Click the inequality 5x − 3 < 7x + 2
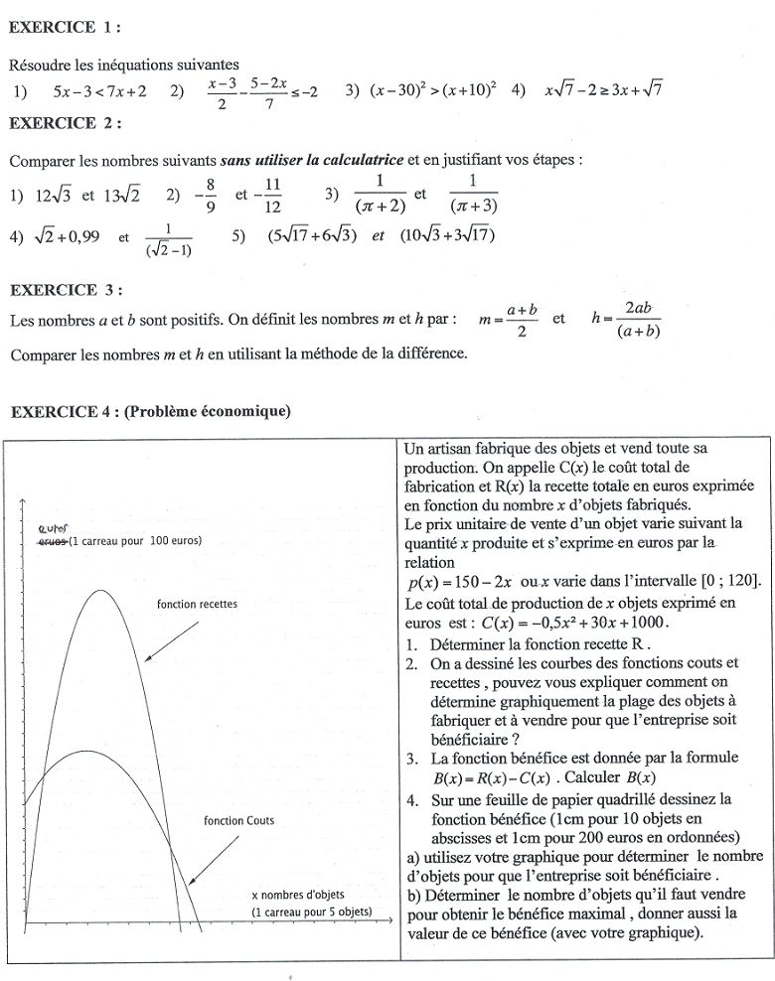tap(100, 91)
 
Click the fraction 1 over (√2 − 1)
tap(168, 239)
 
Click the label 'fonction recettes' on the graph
tap(197, 604)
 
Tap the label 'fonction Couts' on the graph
tap(238, 821)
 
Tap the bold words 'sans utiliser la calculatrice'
tap(313, 160)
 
